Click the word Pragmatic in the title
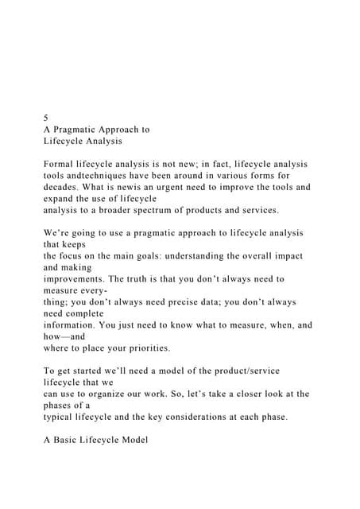point(83,128)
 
